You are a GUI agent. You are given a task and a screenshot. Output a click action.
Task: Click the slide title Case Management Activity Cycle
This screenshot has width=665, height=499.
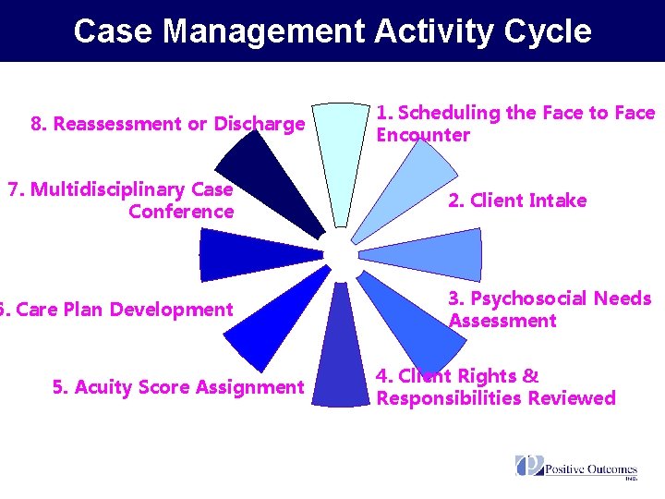(x=332, y=31)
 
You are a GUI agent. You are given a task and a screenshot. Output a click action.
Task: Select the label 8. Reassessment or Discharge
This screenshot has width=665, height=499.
(x=167, y=124)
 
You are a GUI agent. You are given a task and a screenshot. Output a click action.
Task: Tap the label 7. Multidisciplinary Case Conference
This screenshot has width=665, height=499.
(x=120, y=201)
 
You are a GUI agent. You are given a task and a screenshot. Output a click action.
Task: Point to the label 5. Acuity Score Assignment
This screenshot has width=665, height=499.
(x=177, y=387)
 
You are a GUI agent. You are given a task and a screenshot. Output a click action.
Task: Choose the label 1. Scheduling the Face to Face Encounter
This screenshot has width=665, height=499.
(x=514, y=124)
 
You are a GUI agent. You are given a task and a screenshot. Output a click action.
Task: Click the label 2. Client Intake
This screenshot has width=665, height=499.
(x=516, y=201)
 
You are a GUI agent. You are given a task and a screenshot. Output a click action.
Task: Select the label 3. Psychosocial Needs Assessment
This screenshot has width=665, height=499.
(x=550, y=310)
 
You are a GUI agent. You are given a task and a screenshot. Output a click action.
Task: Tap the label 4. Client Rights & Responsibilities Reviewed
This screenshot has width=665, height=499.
(x=495, y=387)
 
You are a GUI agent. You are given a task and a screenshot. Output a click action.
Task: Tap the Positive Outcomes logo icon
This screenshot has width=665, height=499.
(x=529, y=466)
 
